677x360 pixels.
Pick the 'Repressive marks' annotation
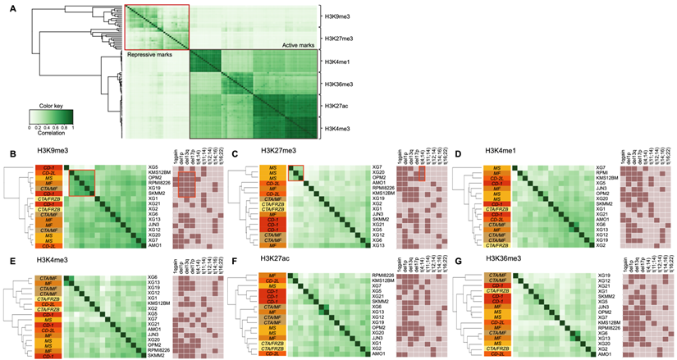(147, 55)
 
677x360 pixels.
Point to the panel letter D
(460, 153)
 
